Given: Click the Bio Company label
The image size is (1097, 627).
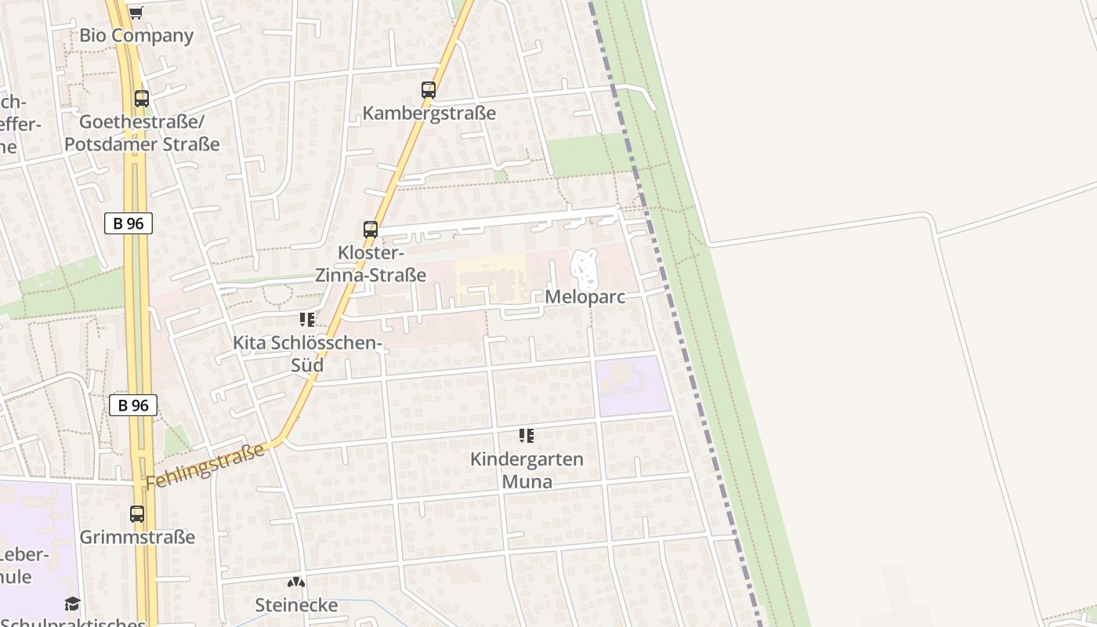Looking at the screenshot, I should click(136, 35).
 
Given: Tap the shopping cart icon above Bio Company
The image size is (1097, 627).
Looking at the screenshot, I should click(136, 12).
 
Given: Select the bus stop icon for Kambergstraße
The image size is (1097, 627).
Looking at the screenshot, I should click(428, 90).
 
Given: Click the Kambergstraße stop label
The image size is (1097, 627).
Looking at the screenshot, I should click(429, 113).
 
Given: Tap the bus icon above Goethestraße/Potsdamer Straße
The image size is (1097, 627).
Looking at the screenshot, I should click(141, 99).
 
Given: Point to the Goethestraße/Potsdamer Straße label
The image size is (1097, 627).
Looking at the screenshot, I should click(141, 133).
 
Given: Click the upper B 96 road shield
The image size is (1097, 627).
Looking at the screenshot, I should click(129, 223).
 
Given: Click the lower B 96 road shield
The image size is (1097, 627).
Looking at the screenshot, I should click(132, 405).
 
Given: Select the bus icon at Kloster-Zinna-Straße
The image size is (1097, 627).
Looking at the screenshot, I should click(371, 230).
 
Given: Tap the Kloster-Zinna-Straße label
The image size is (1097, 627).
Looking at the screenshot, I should click(371, 264).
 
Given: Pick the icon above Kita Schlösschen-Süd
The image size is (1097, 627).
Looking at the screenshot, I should click(307, 320).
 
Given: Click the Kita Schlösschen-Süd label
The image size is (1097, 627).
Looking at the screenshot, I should click(307, 354).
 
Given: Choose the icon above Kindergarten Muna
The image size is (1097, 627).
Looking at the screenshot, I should click(527, 436).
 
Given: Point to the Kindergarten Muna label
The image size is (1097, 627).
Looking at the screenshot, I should click(527, 469).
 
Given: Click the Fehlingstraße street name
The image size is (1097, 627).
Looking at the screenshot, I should click(205, 466).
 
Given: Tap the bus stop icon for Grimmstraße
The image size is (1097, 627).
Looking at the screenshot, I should click(137, 514).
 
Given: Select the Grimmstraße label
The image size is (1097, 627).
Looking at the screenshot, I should click(137, 538).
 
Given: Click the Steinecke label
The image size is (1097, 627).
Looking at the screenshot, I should click(296, 605).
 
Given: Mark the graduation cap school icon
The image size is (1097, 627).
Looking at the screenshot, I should click(72, 603).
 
